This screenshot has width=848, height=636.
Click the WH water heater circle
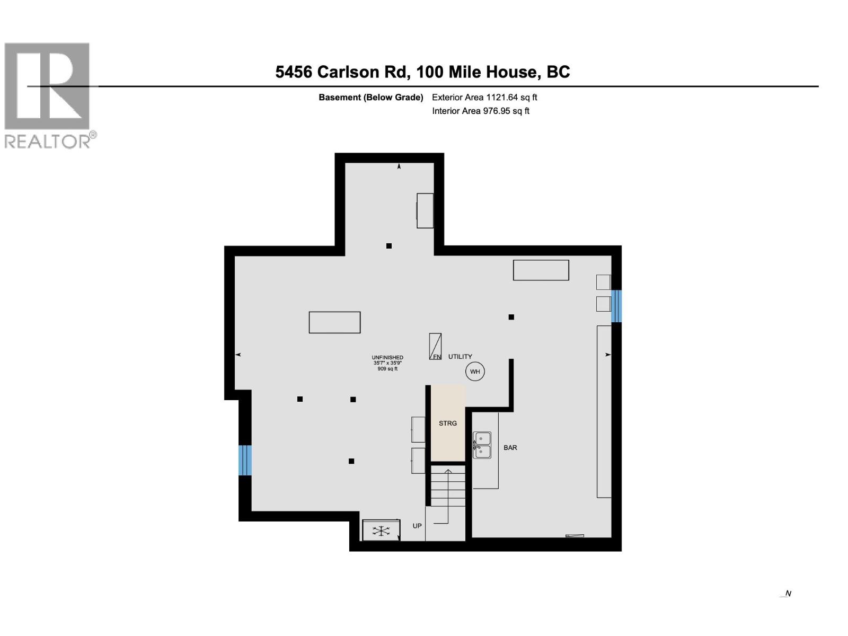coord(475,372)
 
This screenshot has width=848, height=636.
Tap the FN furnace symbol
coord(435,347)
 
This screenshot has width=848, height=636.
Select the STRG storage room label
coord(448,423)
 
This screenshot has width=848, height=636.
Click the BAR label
coord(510,448)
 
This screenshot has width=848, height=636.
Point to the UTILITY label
coord(460,357)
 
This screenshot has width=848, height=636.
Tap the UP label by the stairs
coord(417,526)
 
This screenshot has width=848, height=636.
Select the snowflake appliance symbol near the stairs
coord(381,531)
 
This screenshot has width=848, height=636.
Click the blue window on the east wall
coord(616,306)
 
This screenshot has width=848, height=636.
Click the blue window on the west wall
coord(245,460)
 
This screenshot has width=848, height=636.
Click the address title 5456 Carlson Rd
coord(422,72)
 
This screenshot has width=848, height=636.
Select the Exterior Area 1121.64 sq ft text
coord(484,98)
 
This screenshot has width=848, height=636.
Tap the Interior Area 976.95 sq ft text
coord(481,111)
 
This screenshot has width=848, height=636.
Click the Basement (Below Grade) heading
coord(370,98)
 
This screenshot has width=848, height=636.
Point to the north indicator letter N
coord(788,594)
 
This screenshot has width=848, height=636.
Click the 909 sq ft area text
coord(387,369)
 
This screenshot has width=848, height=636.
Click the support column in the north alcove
coord(389,246)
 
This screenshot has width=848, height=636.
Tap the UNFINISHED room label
coord(387,358)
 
